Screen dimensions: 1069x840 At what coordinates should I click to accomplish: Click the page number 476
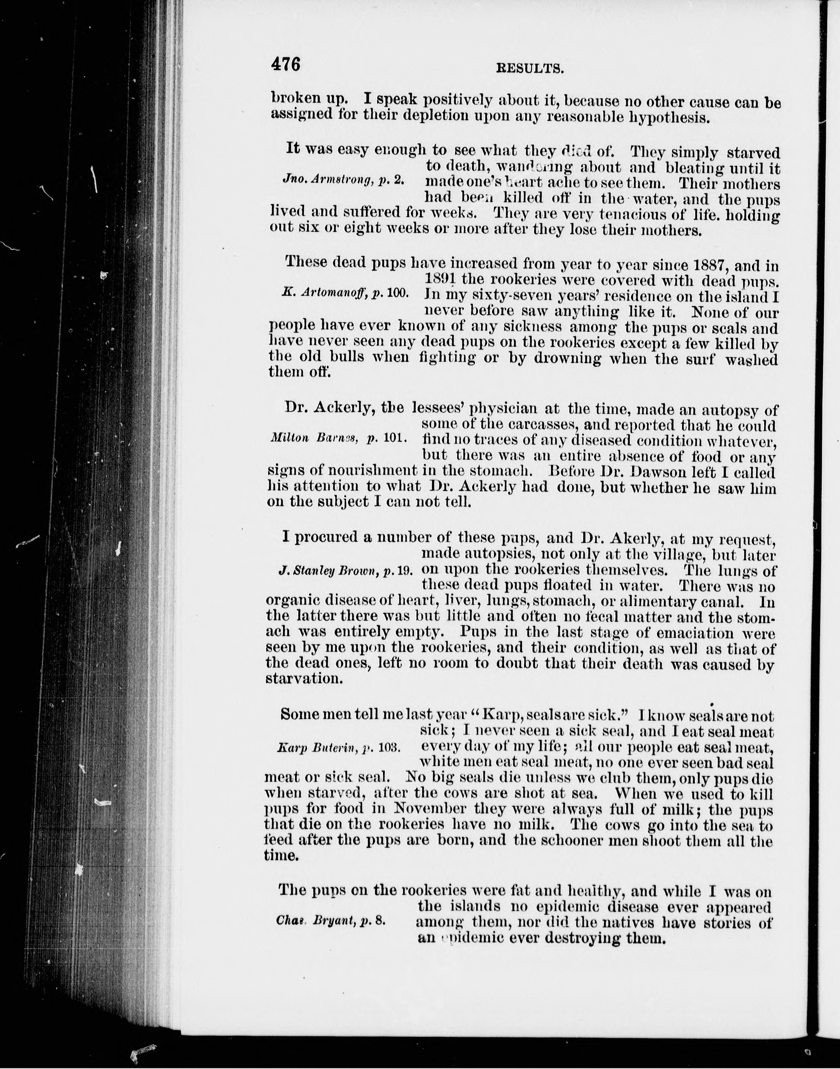pyautogui.click(x=286, y=64)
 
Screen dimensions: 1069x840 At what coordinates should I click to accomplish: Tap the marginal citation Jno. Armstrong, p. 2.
pyautogui.click(x=343, y=180)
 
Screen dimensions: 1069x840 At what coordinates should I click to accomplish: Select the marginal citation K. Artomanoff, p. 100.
pyautogui.click(x=345, y=293)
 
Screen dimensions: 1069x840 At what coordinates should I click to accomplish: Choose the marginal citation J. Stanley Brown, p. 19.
pyautogui.click(x=345, y=570)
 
